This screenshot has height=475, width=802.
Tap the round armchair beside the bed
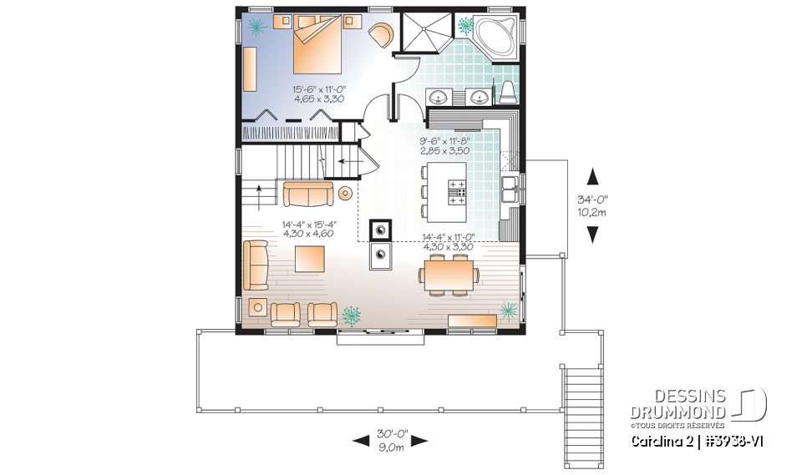pos(381,35)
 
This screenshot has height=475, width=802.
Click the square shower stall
pos(426,36)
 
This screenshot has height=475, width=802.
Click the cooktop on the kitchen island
pos(457,191)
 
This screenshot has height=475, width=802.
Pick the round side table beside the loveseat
pos(345,194)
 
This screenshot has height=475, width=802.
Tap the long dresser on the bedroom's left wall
pos(251,68)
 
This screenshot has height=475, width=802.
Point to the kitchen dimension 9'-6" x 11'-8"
pos(444,146)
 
